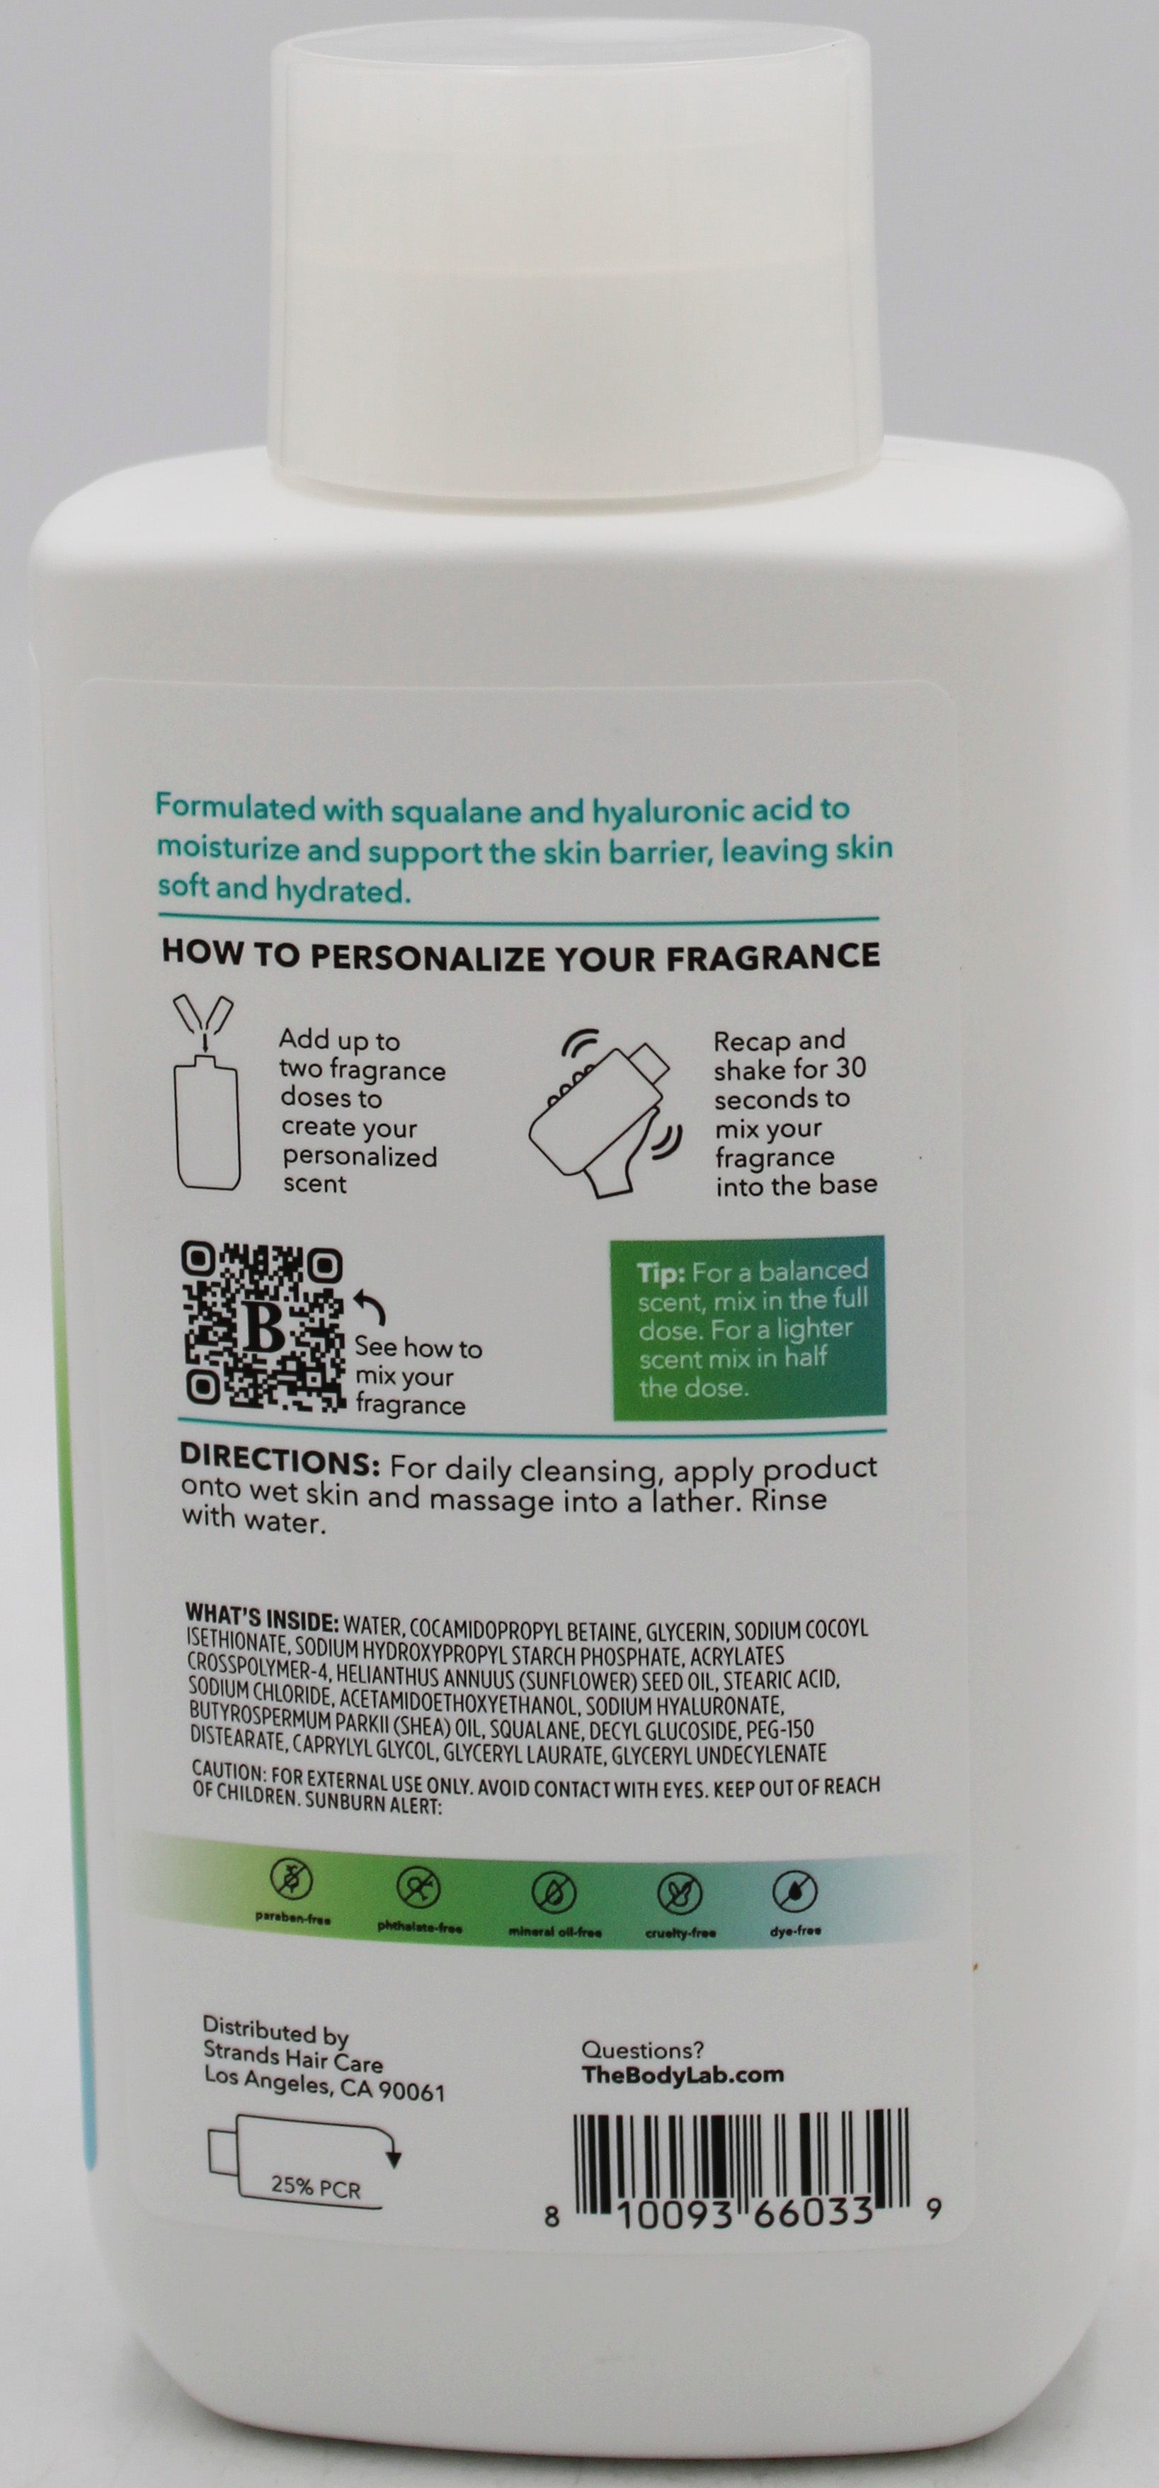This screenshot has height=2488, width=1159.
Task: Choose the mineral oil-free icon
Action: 554,1891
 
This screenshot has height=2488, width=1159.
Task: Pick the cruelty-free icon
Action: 679,1893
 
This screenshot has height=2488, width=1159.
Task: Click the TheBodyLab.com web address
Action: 682,2074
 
